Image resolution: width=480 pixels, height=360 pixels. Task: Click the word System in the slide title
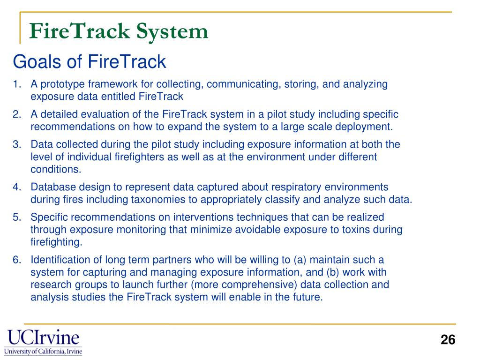pos(172,31)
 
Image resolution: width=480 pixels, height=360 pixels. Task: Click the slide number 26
pos(448,340)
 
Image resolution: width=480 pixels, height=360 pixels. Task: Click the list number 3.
pos(16,144)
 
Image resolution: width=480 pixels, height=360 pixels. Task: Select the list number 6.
pos(16,260)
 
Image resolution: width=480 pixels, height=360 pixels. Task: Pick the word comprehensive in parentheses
pos(291,284)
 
